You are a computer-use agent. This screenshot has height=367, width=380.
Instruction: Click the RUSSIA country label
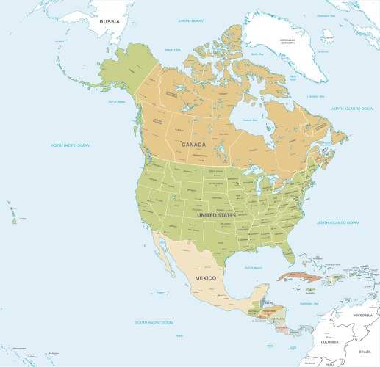[109, 21]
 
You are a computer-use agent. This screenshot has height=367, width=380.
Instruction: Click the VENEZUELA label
[364, 315]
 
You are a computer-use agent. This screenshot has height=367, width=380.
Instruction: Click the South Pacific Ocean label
[154, 322]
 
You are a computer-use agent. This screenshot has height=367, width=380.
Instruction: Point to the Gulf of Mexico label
[253, 268]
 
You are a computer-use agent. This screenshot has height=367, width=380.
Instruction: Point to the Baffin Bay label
[257, 54]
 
